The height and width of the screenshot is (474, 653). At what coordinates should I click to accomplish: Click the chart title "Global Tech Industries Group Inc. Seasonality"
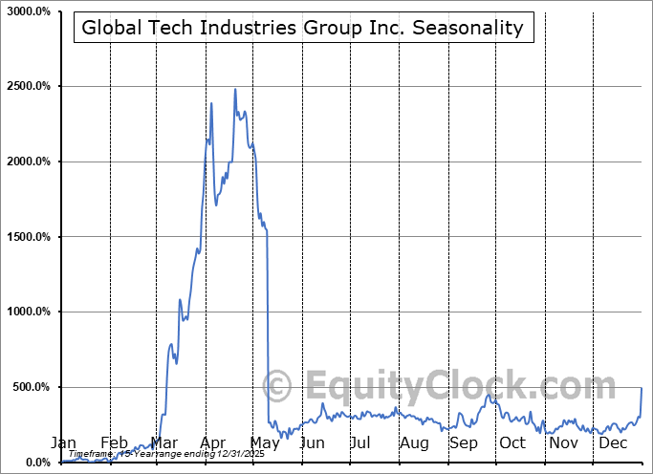click(x=302, y=28)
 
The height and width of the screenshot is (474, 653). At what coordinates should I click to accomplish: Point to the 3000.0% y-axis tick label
click(x=29, y=11)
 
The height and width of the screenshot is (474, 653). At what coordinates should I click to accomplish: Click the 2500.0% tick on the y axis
click(x=29, y=87)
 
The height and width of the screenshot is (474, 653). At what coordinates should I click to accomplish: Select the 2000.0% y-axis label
click(x=29, y=162)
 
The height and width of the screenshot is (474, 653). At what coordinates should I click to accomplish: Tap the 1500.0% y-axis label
click(x=29, y=237)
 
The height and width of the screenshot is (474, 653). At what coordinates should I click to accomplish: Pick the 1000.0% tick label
click(x=29, y=312)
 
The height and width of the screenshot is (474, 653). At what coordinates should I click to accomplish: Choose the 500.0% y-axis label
click(x=32, y=387)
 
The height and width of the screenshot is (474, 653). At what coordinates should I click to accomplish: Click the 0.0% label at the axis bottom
click(x=38, y=463)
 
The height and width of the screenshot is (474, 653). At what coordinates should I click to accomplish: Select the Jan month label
click(x=62, y=442)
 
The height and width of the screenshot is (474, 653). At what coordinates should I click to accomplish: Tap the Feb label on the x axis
click(x=113, y=442)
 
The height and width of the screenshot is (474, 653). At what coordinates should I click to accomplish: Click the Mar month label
click(x=164, y=442)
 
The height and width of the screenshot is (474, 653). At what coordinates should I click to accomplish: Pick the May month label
click(x=263, y=442)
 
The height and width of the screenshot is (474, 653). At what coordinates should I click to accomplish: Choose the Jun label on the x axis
click(x=312, y=442)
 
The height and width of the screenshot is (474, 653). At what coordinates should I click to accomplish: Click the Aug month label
click(x=414, y=442)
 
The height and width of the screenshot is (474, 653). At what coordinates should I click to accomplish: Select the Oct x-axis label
click(x=512, y=442)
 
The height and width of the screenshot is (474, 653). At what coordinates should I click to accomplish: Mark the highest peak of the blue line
click(x=235, y=90)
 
